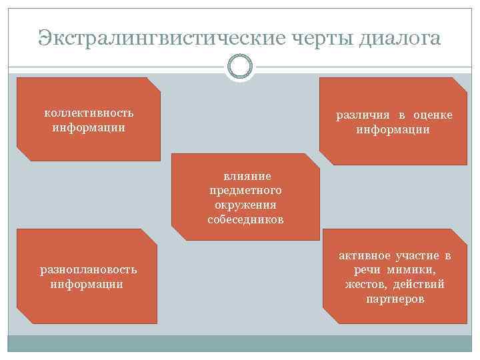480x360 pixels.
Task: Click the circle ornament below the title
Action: (240, 67)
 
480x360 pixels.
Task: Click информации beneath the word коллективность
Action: (89, 126)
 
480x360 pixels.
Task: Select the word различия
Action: (361, 115)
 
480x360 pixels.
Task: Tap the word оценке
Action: (432, 115)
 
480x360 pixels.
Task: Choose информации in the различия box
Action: (393, 129)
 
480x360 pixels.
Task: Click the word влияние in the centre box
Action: (247, 177)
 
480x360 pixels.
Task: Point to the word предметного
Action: (247, 191)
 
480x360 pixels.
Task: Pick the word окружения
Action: (246, 205)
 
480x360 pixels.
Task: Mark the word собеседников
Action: (246, 219)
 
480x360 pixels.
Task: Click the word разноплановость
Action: (89, 269)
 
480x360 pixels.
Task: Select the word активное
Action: (365, 256)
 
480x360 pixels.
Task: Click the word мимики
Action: (413, 270)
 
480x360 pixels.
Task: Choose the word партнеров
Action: (395, 299)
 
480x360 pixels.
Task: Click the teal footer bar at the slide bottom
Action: (240, 343)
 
